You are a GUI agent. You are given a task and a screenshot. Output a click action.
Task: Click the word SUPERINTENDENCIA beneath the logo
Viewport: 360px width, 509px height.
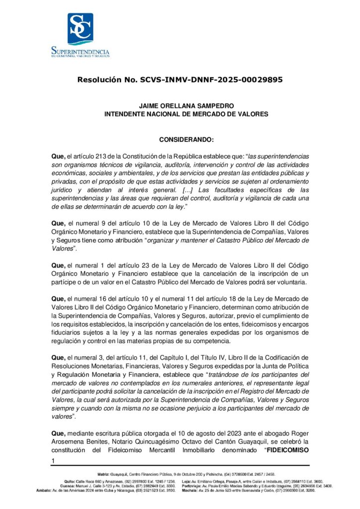(80, 50)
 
